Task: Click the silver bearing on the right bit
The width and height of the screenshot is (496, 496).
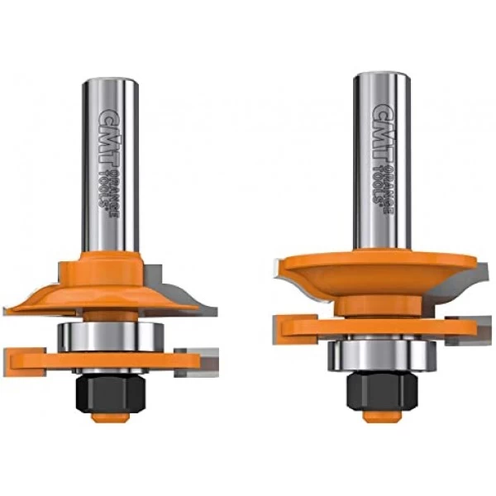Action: (x=382, y=355)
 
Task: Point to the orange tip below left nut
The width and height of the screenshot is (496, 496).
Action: (x=109, y=417)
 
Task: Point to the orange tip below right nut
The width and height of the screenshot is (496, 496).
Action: (x=382, y=414)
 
